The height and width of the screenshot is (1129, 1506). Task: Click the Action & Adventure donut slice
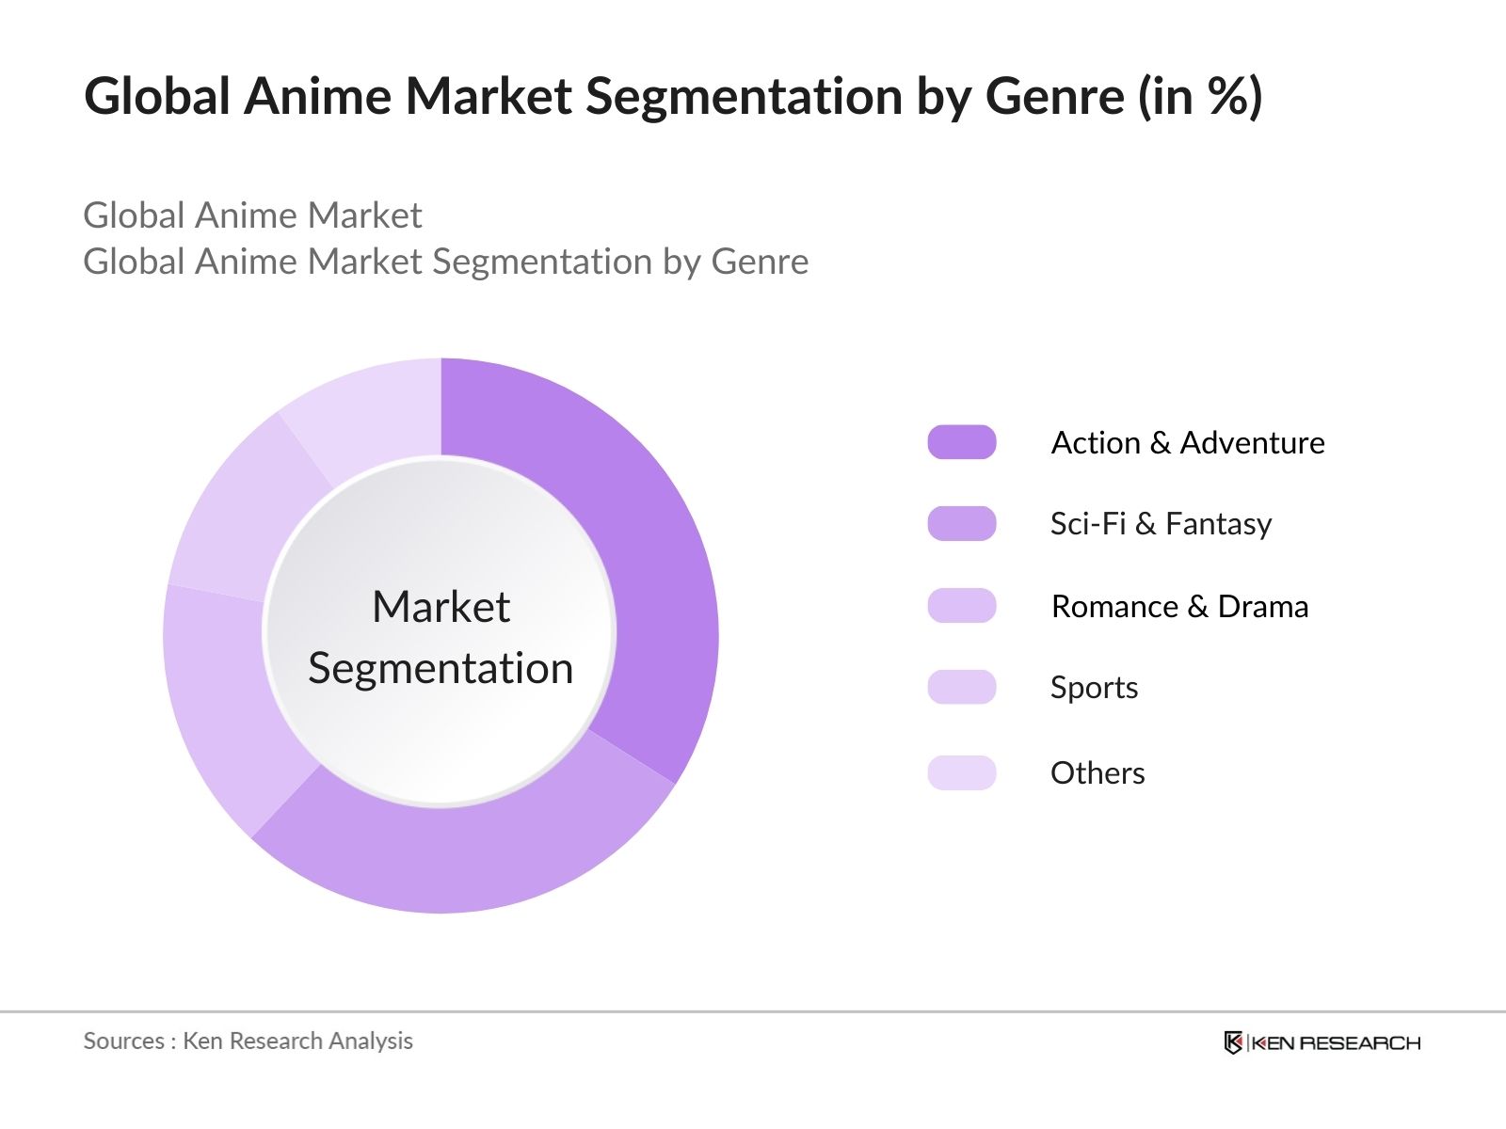tap(659, 583)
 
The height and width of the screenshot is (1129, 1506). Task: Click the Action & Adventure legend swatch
tap(961, 442)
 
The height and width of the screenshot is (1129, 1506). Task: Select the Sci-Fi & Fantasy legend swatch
tap(961, 524)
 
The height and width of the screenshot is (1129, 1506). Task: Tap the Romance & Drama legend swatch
tap(961, 606)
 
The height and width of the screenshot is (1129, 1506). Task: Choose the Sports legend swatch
tap(961, 688)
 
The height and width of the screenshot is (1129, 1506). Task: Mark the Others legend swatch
tap(961, 773)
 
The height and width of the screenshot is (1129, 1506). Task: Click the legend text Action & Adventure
tap(1188, 442)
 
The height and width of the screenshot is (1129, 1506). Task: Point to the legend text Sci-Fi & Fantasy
tap(1161, 524)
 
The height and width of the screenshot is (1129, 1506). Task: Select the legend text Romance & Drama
tap(1179, 607)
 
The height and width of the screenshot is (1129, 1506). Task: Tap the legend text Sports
tap(1094, 688)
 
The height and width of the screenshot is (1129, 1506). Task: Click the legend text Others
tap(1097, 773)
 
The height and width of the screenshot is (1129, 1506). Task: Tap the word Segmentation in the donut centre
tap(441, 669)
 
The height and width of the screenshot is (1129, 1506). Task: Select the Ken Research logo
tap(1322, 1042)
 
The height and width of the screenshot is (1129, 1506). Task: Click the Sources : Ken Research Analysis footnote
tap(248, 1041)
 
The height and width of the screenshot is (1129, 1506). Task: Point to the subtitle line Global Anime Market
tap(252, 215)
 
